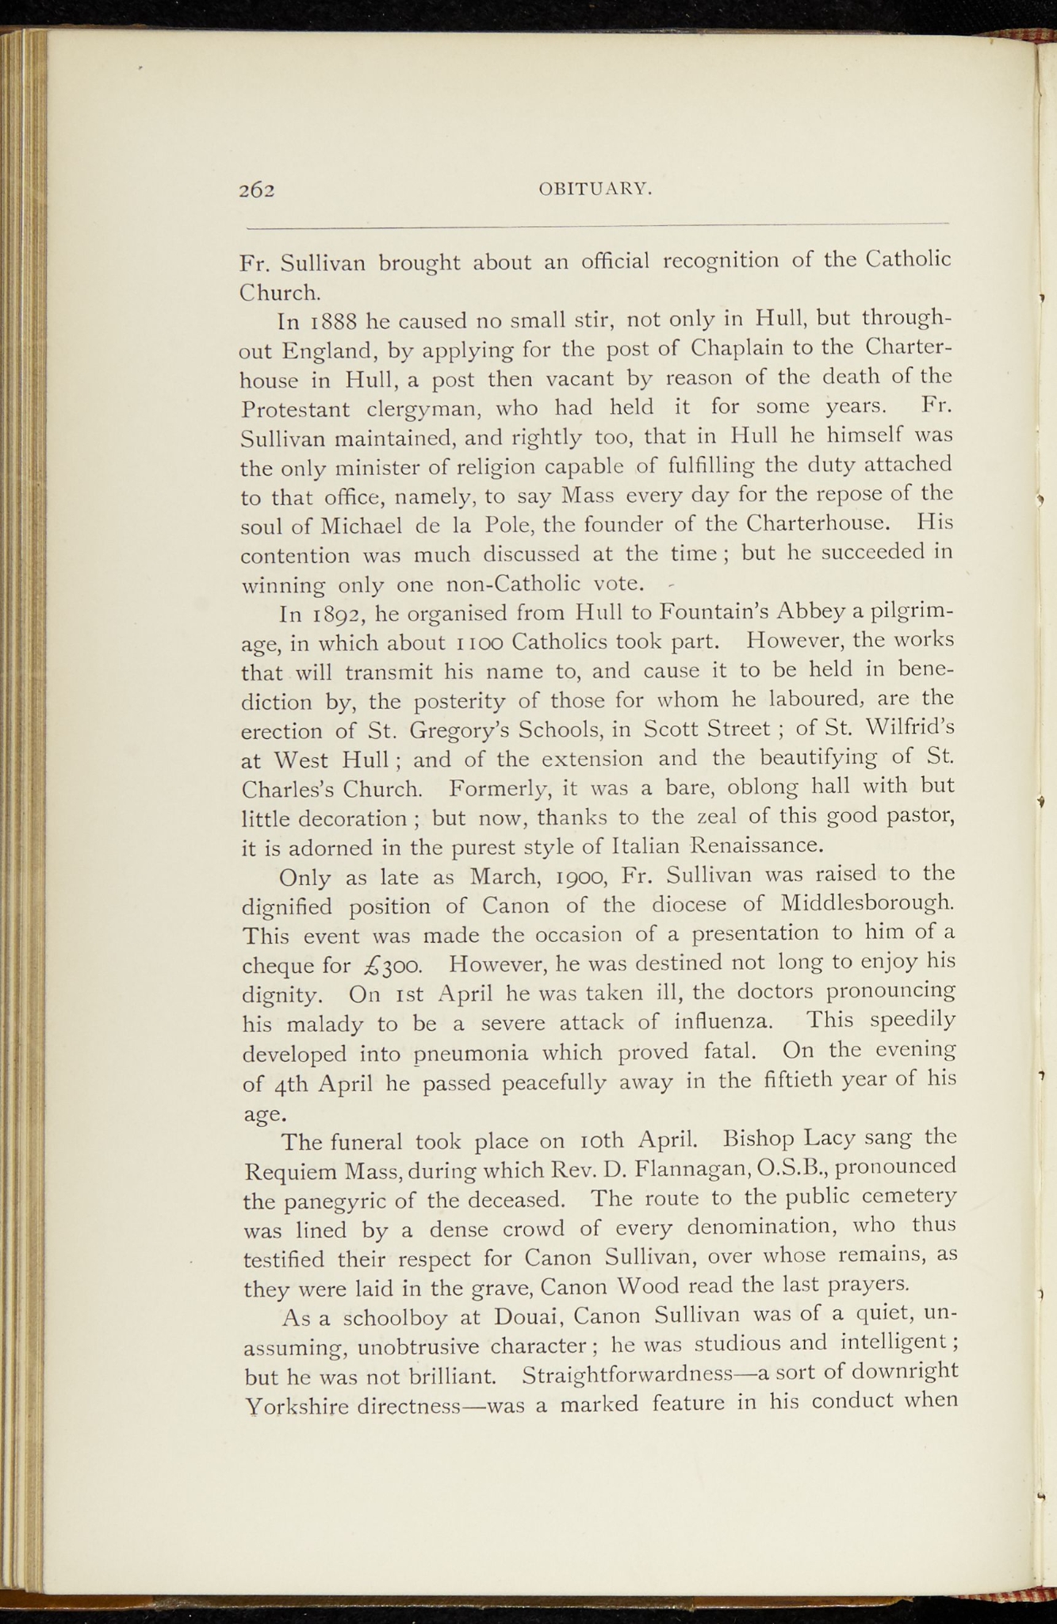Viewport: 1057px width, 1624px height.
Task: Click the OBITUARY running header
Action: point(595,189)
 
